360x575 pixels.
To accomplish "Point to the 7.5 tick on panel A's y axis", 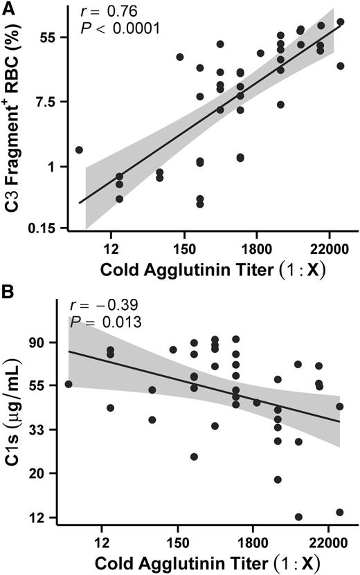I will pyautogui.click(x=44, y=102).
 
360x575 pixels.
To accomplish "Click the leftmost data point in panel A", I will pyautogui.click(x=79, y=149).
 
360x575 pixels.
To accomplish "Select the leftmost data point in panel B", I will pyautogui.click(x=68, y=384).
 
